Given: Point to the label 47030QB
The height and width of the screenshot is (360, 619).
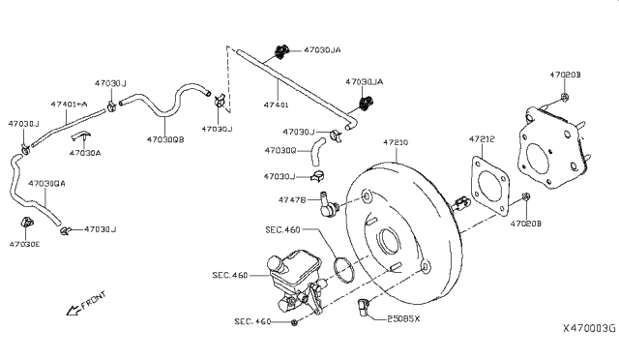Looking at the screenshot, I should (x=167, y=139).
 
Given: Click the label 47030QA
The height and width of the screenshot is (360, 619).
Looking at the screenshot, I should (x=47, y=183).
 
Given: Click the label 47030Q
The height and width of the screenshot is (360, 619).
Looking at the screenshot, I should (x=281, y=150).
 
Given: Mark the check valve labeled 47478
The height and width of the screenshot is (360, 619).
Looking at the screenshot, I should (x=331, y=204).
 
